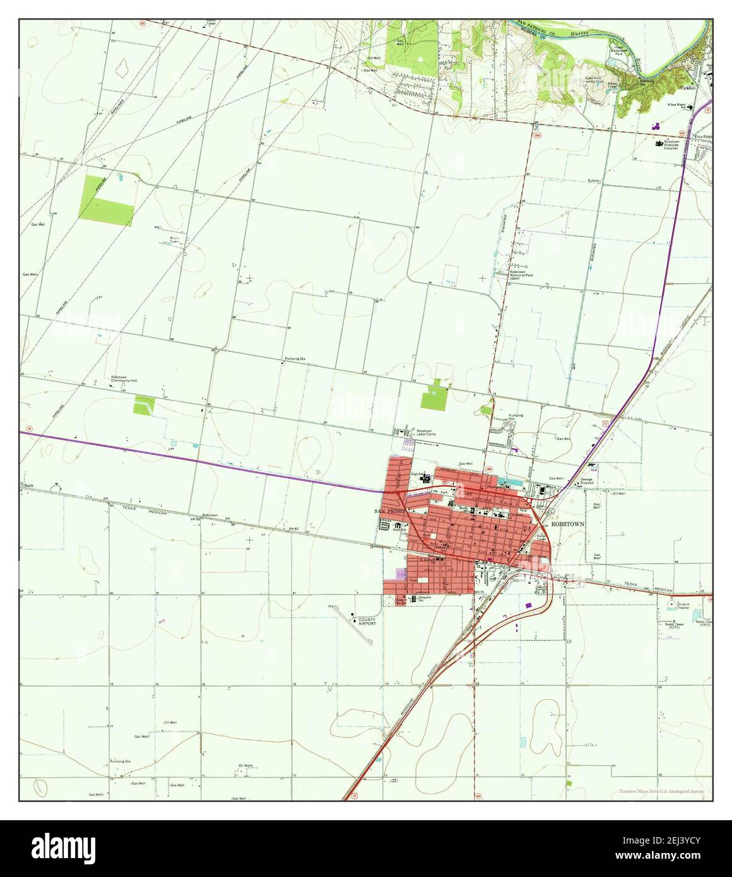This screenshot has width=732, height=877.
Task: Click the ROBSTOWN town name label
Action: point(567,524)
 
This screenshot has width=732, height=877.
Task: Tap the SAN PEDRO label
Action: point(387,510)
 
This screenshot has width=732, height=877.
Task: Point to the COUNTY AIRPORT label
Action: point(367,621)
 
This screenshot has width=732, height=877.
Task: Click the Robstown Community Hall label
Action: point(123,380)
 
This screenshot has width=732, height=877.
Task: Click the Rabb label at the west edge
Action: point(28,485)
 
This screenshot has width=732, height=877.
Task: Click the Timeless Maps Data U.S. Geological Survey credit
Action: point(661,791)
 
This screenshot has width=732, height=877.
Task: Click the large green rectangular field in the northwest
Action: point(105,201)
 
